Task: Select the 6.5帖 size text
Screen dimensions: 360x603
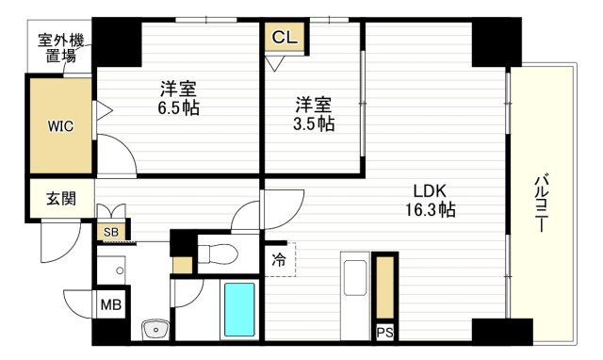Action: [x=179, y=107]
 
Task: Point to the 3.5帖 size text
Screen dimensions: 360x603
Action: [x=313, y=123]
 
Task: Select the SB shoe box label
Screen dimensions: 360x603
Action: [x=110, y=231]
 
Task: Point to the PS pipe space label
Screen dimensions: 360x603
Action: [x=384, y=332]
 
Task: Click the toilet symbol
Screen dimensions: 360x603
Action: [x=215, y=253]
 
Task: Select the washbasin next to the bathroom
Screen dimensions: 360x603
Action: [x=153, y=328]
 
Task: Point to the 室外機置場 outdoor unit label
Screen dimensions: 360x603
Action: [x=60, y=47]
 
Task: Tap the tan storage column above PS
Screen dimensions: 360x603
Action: [x=384, y=286]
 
